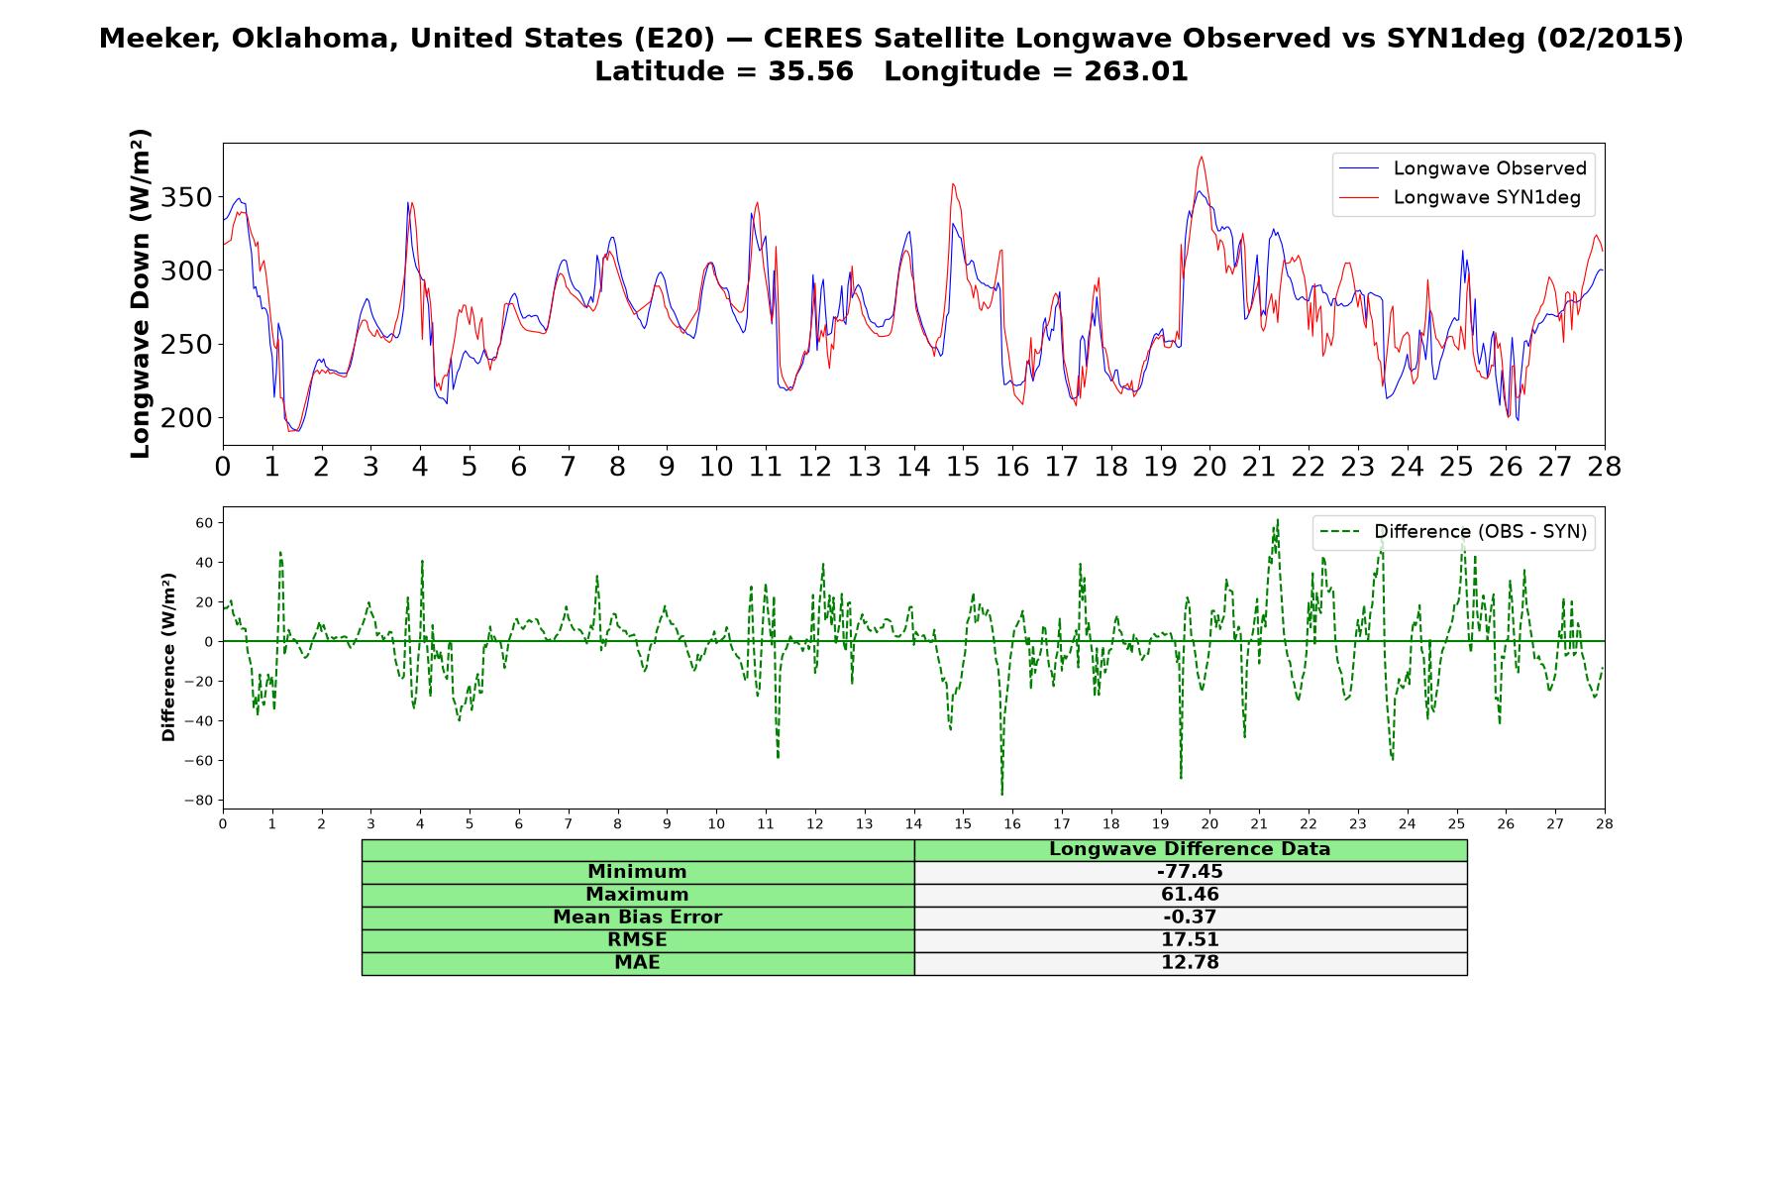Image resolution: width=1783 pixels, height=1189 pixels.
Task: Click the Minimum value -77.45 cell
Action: [x=1190, y=872]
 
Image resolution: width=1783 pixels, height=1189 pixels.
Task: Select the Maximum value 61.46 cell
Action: [x=1190, y=895]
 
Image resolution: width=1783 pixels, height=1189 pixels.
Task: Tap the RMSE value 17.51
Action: [x=1190, y=940]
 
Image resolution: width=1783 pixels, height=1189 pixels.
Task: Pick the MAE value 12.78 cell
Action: [x=1190, y=963]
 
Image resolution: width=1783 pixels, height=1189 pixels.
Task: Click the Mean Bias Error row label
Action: [x=637, y=918]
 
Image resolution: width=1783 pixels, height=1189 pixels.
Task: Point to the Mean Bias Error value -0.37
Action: [x=1190, y=918]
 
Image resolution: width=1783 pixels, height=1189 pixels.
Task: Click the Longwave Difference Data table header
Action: [x=1190, y=849]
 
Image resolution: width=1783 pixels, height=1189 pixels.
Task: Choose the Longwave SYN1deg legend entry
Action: [x=1460, y=197]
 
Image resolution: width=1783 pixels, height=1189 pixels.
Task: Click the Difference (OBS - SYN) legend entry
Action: [x=1454, y=532]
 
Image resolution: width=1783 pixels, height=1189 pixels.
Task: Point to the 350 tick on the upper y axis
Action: [x=186, y=197]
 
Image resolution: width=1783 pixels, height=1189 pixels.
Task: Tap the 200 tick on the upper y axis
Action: [x=186, y=418]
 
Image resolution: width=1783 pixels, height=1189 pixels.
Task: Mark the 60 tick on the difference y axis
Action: [x=203, y=522]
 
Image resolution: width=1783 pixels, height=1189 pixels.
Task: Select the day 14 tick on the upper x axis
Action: [x=913, y=466]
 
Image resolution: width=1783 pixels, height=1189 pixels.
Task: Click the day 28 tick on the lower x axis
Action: [x=1605, y=823]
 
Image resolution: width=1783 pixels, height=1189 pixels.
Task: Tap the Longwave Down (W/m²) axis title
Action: [x=141, y=293]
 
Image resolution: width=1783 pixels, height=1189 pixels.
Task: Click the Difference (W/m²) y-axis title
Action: [x=168, y=657]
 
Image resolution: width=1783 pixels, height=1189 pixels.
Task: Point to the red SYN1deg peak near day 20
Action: [x=1202, y=157]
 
